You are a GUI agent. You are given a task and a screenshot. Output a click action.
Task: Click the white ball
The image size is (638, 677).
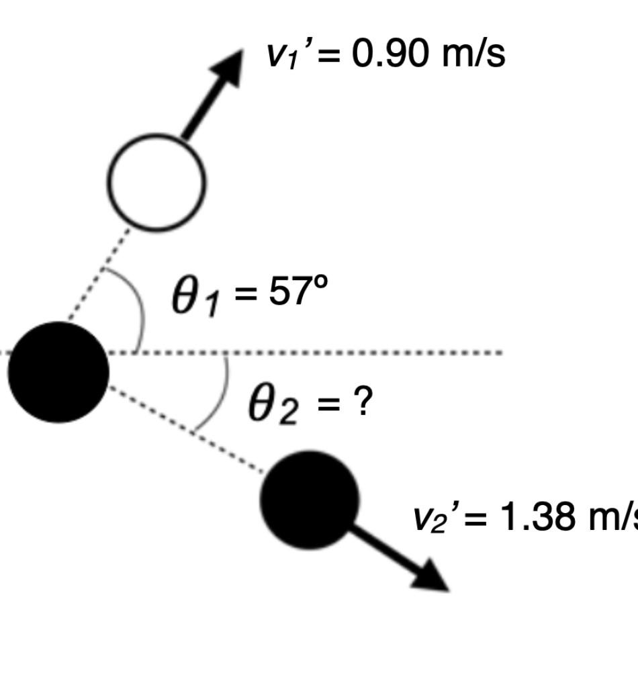coord(157,182)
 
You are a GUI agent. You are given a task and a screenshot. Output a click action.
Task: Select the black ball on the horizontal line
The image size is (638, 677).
coord(58,372)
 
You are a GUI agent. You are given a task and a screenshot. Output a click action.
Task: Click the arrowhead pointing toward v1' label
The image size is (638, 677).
coord(228,64)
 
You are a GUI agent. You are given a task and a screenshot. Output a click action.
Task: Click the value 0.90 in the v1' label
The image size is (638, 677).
coord(390,54)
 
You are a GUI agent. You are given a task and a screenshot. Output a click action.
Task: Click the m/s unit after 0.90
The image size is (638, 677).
coord(473,54)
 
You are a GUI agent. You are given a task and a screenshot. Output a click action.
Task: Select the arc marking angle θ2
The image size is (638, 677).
coord(219,396)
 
